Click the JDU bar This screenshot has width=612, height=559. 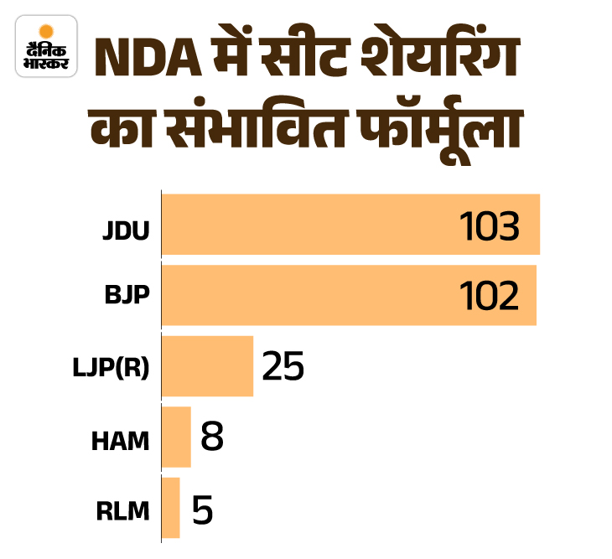[x=350, y=225]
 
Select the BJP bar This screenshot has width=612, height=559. [x=349, y=296]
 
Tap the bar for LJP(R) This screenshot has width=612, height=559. [x=207, y=366]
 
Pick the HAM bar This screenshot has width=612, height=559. [x=176, y=437]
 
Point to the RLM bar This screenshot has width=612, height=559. [x=170, y=507]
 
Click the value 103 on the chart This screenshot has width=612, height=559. [x=490, y=226]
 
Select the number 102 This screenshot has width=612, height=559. [x=489, y=297]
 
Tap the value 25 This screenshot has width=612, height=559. [x=283, y=367]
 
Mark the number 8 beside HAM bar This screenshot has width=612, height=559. [x=212, y=437]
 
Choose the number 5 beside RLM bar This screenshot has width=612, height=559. [x=203, y=509]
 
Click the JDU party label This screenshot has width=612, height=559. [x=127, y=227]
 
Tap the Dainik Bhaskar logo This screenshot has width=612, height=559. [x=46, y=46]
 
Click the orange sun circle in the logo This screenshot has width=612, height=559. [x=46, y=29]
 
